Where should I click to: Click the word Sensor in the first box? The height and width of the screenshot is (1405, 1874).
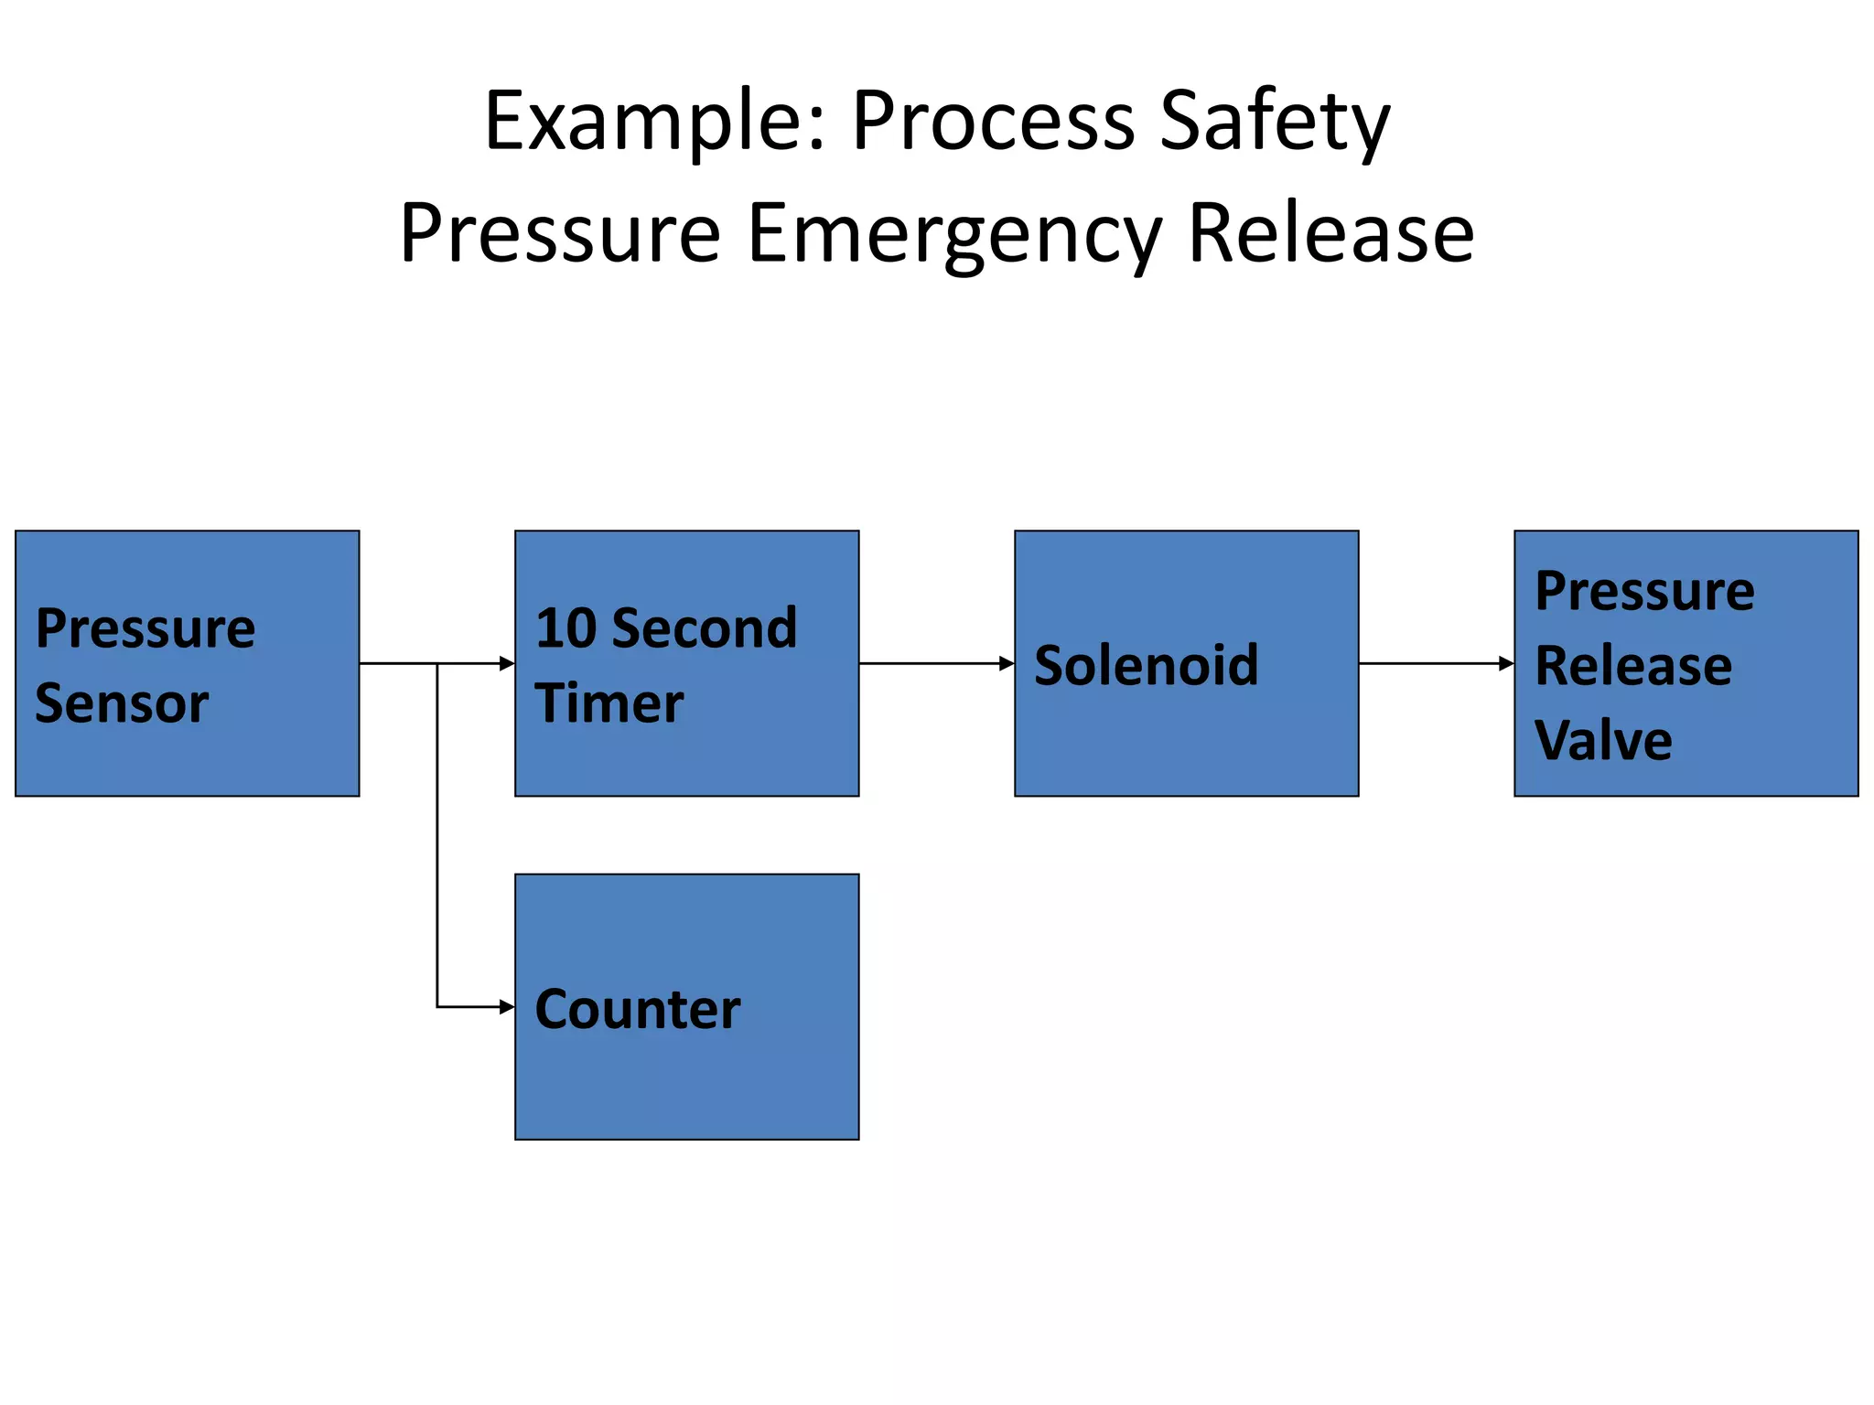coord(122,703)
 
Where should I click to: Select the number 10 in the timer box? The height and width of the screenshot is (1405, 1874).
coord(565,628)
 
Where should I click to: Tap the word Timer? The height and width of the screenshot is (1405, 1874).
coord(609,703)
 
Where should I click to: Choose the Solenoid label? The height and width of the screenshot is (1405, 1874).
coord(1146,665)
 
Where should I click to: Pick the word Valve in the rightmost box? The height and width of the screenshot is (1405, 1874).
coord(1603,740)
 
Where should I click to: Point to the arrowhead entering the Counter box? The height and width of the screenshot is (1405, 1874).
coord(507,1007)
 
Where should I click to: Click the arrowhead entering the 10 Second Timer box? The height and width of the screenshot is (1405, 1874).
coord(507,663)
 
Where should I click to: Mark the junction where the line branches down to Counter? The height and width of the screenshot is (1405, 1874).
coord(437,663)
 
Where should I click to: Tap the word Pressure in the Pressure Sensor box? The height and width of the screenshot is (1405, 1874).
coord(145,628)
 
